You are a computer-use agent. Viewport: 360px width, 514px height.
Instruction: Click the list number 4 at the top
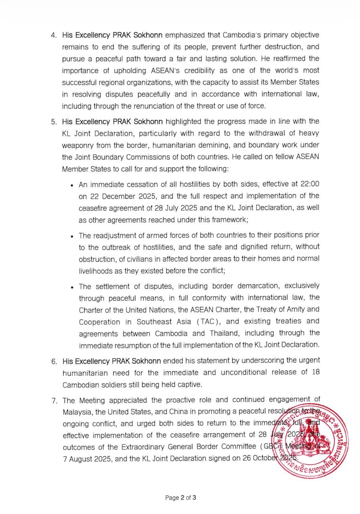click(53, 35)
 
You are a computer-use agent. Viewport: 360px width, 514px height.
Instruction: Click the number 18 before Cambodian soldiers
click(315, 372)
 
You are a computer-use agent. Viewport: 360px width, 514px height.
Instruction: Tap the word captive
click(187, 384)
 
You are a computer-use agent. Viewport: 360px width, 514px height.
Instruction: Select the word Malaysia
click(77, 412)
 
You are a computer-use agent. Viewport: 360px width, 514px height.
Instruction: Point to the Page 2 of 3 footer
click(181, 498)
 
